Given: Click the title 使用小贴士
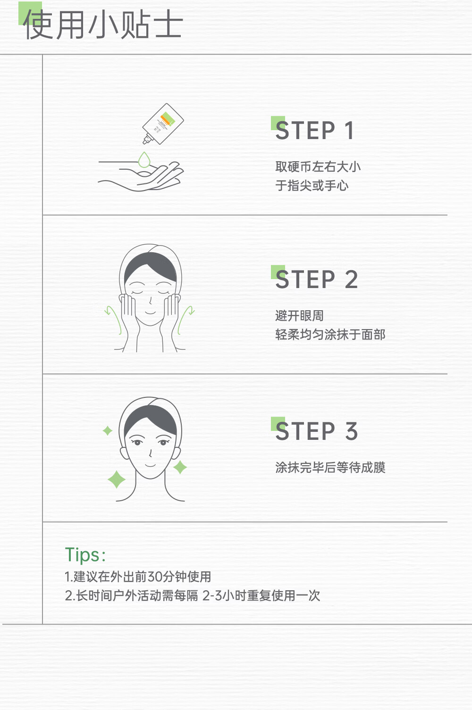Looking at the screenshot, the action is (x=103, y=25).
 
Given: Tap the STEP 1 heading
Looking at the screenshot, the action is (x=314, y=130).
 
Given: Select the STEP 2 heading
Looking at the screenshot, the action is (x=316, y=279).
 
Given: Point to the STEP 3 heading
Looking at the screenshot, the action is (x=316, y=431).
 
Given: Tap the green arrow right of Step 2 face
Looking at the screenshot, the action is (x=185, y=320).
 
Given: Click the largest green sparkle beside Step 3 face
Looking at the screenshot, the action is (x=117, y=479).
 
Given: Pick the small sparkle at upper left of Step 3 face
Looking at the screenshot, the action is (x=108, y=430).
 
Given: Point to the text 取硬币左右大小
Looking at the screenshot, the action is (x=318, y=167).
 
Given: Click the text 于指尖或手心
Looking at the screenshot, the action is (x=312, y=185).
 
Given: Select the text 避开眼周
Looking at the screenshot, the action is (x=299, y=316).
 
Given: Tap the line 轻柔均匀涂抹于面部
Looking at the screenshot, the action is (x=330, y=334).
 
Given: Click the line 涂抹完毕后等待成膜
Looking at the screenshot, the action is (x=330, y=467).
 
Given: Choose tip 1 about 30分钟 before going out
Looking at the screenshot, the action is (x=138, y=577).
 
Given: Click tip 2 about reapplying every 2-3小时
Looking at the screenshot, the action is (x=193, y=595).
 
